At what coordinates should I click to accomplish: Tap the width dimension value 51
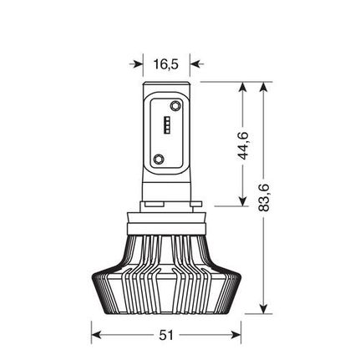tap(165, 335)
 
